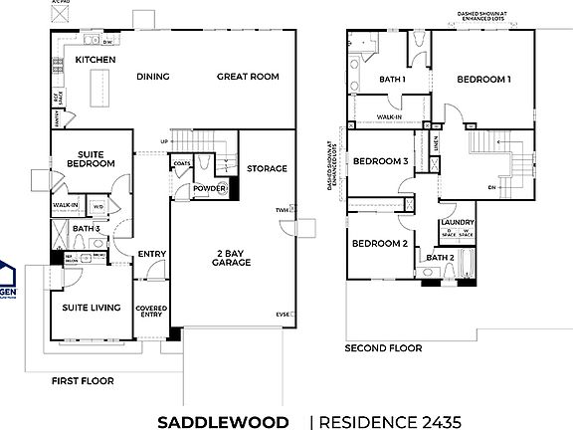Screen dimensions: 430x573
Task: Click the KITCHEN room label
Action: [x=96, y=61]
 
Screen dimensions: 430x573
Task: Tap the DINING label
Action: [x=153, y=77]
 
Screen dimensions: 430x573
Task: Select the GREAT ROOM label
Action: [x=248, y=77]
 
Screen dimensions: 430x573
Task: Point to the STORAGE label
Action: [x=267, y=168]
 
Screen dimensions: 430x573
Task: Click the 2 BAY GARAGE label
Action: [x=231, y=258]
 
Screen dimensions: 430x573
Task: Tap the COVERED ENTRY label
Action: [x=151, y=313]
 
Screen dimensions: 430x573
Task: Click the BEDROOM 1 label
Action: [x=484, y=79]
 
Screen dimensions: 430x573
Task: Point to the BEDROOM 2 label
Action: [x=379, y=243]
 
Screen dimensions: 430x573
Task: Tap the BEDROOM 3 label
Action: [x=380, y=161]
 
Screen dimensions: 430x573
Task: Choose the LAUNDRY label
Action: [x=457, y=223]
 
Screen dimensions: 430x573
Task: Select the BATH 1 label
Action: [x=393, y=79]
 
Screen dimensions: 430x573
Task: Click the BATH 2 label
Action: [x=441, y=258]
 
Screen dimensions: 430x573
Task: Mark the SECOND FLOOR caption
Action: [x=383, y=348]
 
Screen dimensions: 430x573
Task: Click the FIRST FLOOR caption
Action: [x=83, y=380]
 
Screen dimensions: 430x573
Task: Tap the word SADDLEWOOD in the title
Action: [x=223, y=421]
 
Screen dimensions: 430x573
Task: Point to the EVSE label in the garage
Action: [x=283, y=315]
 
